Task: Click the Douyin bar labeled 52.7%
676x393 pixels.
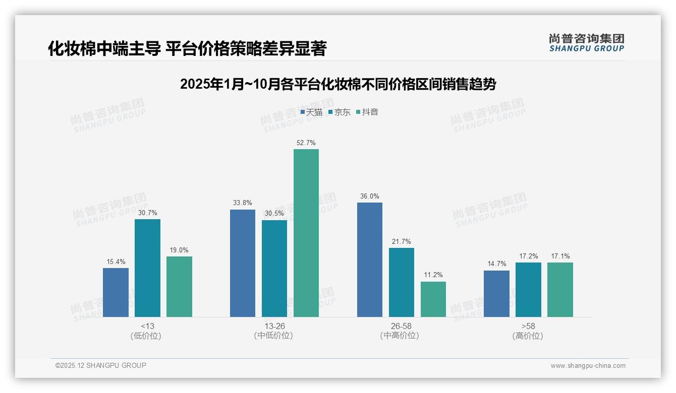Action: tap(306, 233)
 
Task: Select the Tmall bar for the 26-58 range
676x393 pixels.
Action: tap(369, 259)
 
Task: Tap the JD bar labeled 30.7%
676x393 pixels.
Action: tap(147, 268)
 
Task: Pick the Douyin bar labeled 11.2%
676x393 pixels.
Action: tap(433, 299)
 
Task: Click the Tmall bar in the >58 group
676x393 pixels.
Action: tap(496, 293)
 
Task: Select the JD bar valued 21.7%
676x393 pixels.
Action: tap(401, 282)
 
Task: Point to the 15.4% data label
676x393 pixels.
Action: tap(116, 261)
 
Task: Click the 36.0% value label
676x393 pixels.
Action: tap(369, 196)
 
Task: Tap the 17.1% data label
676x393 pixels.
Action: tap(560, 256)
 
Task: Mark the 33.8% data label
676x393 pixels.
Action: tap(242, 203)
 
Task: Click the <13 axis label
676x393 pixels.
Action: tap(147, 326)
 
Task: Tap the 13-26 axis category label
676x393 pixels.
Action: tap(274, 326)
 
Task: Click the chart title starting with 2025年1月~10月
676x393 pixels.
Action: tap(337, 84)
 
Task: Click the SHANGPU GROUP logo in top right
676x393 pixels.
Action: tap(586, 43)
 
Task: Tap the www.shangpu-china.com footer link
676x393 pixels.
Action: tap(588, 366)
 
